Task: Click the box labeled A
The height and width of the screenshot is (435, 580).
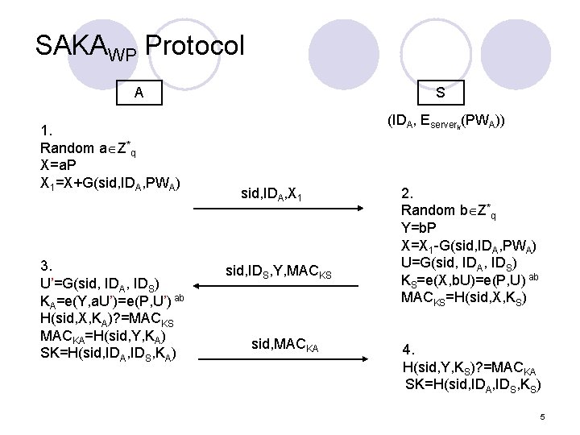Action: [139, 92]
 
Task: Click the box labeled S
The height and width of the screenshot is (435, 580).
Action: [440, 92]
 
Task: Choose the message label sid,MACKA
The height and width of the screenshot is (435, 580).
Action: [285, 345]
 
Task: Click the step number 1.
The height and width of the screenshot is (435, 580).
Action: [46, 131]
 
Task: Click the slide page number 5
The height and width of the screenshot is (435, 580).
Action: [543, 416]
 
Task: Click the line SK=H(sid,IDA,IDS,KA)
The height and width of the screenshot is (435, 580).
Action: [108, 352]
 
